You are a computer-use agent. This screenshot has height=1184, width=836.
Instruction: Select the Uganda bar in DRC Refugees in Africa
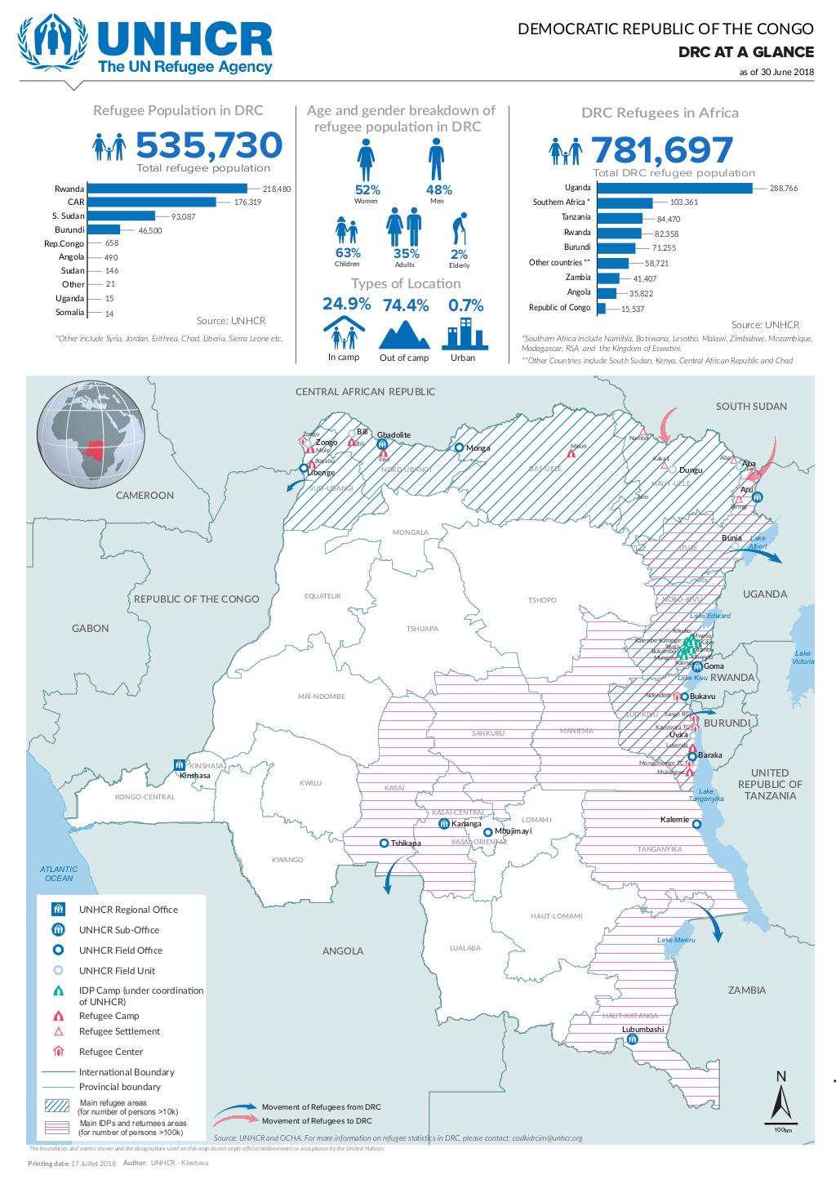674,188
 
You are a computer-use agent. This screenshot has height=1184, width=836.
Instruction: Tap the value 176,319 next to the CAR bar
247,202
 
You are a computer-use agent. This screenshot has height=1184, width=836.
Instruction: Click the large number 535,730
209,146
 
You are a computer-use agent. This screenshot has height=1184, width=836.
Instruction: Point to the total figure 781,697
662,150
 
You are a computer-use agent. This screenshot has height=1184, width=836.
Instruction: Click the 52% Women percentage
366,189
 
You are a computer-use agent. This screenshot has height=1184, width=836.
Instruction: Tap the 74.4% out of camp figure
406,305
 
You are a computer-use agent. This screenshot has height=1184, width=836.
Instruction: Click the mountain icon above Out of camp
404,334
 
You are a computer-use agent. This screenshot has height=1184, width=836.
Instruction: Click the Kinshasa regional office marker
179,765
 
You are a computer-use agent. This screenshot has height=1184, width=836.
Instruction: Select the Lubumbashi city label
643,1029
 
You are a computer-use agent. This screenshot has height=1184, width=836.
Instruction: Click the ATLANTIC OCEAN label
59,874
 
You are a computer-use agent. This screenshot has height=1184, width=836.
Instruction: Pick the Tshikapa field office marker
384,843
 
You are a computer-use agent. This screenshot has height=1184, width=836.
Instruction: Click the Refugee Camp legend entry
109,1016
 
